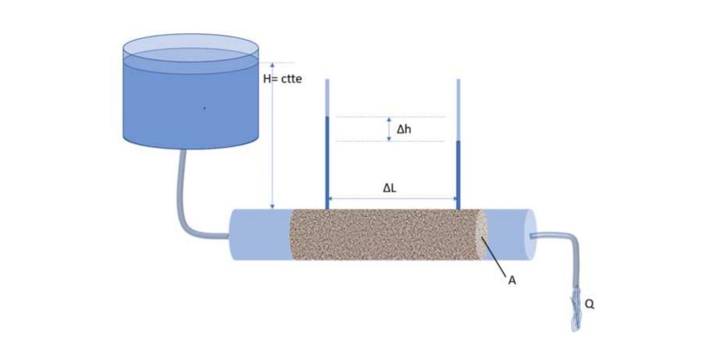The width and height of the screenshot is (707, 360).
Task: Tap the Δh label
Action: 404,129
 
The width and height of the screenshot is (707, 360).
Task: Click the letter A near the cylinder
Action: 512,280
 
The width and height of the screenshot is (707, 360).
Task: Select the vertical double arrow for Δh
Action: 389,129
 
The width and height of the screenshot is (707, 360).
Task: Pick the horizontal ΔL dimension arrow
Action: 392,198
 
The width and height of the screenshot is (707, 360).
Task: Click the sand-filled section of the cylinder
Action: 384,234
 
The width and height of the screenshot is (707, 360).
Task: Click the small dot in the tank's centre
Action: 204,108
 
